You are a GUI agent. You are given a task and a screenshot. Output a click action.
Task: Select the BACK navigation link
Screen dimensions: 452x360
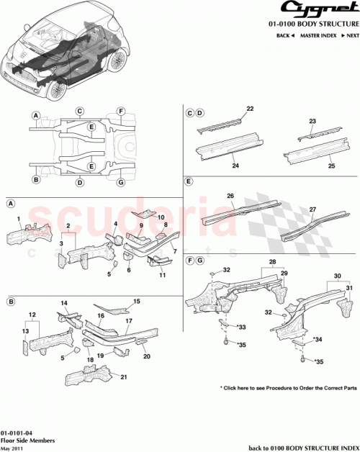[x=284, y=35]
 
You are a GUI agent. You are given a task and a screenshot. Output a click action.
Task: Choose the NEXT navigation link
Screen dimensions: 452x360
[x=349, y=35]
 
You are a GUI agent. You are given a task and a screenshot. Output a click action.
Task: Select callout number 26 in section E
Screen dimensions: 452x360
[x=230, y=195]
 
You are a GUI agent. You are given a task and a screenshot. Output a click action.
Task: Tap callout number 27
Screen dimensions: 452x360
[x=312, y=210]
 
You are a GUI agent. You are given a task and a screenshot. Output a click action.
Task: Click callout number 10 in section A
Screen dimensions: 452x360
[x=161, y=217]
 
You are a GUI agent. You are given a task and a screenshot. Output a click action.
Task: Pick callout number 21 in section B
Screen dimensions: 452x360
[x=125, y=377]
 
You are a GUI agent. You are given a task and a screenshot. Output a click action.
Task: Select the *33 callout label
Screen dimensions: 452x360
[x=241, y=327]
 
